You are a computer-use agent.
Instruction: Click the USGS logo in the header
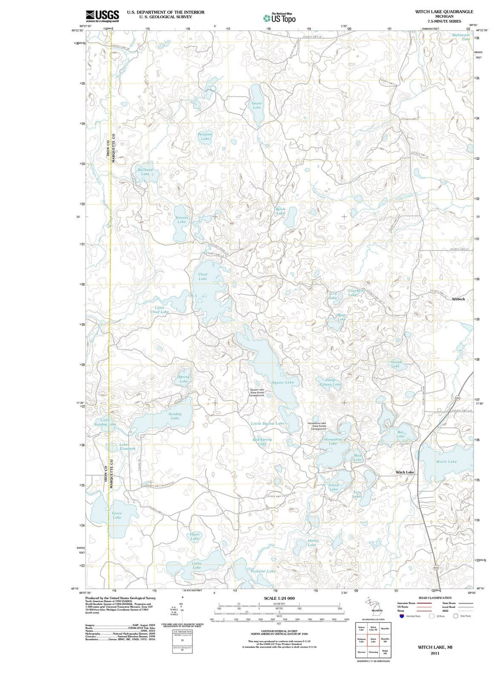click(x=102, y=16)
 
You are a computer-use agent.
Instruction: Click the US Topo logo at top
click(x=280, y=18)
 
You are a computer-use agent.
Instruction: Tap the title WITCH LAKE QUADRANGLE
click(x=444, y=12)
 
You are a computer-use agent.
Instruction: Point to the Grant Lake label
click(x=257, y=105)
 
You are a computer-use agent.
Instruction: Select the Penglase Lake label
click(x=205, y=136)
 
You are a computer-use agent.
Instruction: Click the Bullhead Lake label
click(x=145, y=172)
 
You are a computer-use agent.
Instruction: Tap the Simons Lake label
click(x=182, y=220)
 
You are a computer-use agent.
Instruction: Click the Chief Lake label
click(x=203, y=276)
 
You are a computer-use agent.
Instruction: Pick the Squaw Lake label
click(x=283, y=382)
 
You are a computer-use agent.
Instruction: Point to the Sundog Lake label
click(x=175, y=416)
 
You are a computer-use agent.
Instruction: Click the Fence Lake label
click(x=117, y=515)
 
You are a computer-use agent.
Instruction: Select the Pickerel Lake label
click(x=263, y=571)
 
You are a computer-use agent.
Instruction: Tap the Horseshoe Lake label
click(x=333, y=441)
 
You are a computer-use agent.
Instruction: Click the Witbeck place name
click(x=458, y=299)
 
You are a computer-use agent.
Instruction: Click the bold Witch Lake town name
click(x=405, y=472)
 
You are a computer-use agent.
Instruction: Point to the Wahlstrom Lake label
click(x=461, y=37)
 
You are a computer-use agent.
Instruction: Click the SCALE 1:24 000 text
click(x=279, y=598)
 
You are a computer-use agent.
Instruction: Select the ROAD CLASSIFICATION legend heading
click(x=435, y=598)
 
